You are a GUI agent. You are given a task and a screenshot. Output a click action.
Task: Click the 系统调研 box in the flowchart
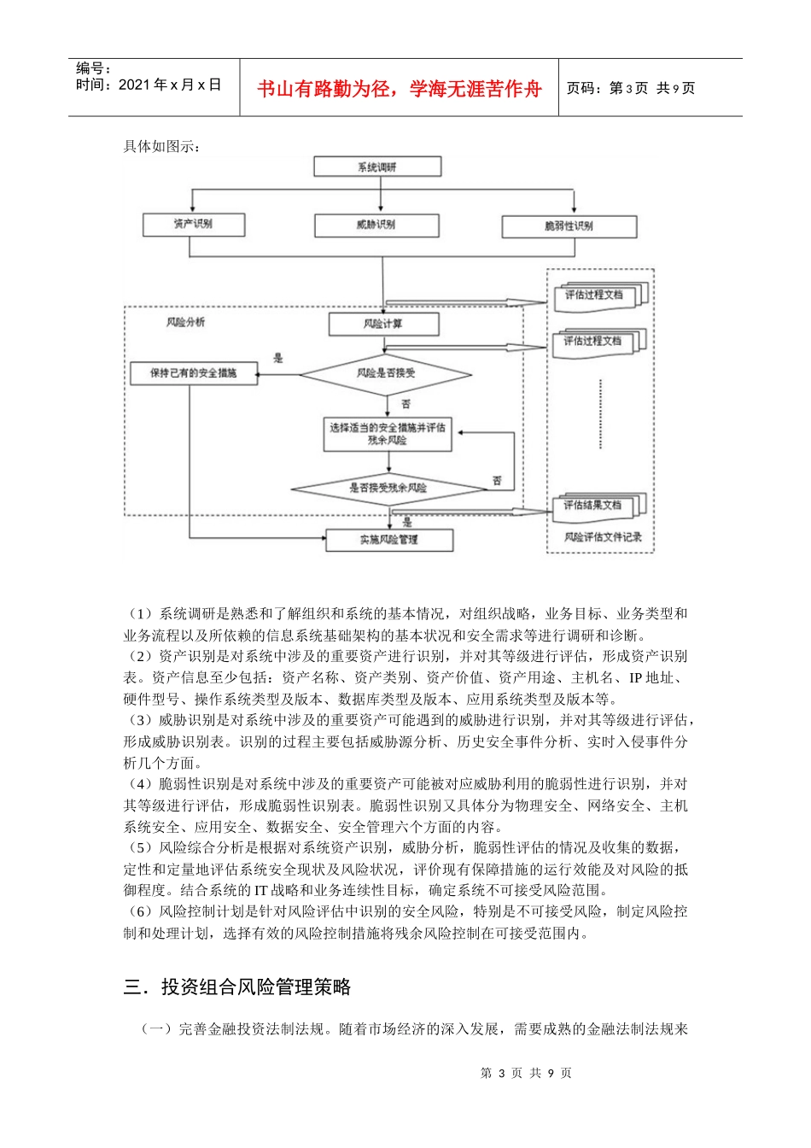click(377, 167)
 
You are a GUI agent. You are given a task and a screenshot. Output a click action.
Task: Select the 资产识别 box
click(193, 224)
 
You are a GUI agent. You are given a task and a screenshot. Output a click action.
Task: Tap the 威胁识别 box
click(376, 225)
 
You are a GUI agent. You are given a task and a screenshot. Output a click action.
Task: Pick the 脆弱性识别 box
click(569, 226)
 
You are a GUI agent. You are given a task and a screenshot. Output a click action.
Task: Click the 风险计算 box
click(383, 325)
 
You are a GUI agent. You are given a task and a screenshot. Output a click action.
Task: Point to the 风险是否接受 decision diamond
click(386, 373)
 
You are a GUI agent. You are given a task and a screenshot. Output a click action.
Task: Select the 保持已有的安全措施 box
click(193, 373)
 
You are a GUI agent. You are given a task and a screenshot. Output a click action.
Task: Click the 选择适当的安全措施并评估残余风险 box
click(388, 434)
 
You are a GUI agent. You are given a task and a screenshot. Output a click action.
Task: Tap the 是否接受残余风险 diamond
click(388, 489)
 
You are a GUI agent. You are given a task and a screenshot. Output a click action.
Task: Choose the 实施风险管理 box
click(389, 540)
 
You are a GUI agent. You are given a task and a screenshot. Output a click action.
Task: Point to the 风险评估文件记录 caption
click(602, 537)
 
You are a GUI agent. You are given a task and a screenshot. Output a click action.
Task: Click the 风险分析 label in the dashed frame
click(185, 322)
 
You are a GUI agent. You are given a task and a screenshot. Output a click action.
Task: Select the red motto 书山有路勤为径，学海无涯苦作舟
click(400, 89)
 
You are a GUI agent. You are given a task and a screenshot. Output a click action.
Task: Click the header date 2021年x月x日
click(170, 85)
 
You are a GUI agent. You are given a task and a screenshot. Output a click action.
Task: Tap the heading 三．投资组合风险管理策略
click(237, 987)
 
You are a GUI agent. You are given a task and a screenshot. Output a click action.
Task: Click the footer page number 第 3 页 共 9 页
click(526, 1073)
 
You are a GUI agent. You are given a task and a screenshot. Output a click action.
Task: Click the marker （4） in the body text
click(141, 784)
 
